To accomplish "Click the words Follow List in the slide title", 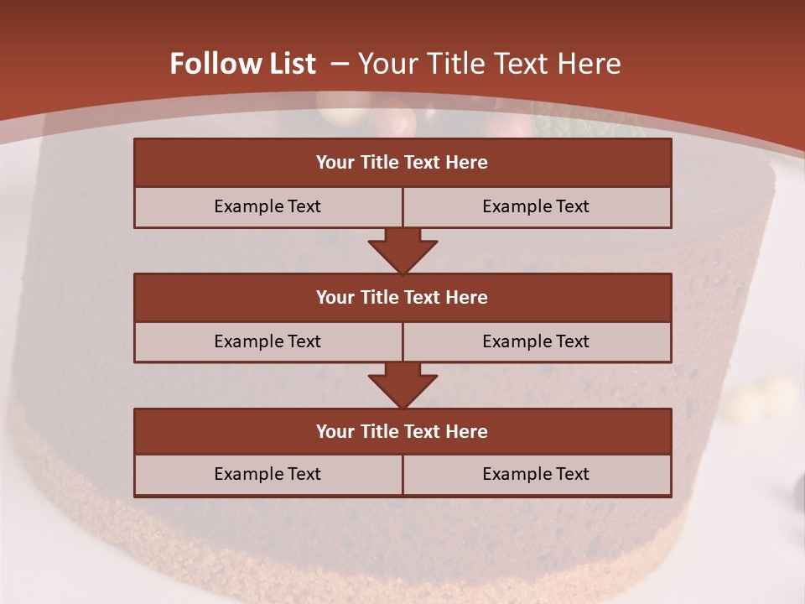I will coord(243,64).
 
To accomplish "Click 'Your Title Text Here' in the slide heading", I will coord(489,64).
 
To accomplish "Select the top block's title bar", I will coord(402,163).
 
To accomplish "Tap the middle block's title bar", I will coord(402,297).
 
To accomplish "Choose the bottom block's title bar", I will coord(402,431).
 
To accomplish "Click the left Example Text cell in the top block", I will coord(267,206).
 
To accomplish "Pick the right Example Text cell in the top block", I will coord(536,206).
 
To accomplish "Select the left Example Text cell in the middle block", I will coord(267,341).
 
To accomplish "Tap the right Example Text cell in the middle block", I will coord(536,341).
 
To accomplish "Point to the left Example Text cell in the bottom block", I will coord(267,474).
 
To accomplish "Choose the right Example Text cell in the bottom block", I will coord(536,474).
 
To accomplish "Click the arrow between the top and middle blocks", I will coord(402,251).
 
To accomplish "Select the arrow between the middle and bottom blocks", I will coord(402,385).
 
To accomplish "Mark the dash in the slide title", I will coord(340,64).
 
